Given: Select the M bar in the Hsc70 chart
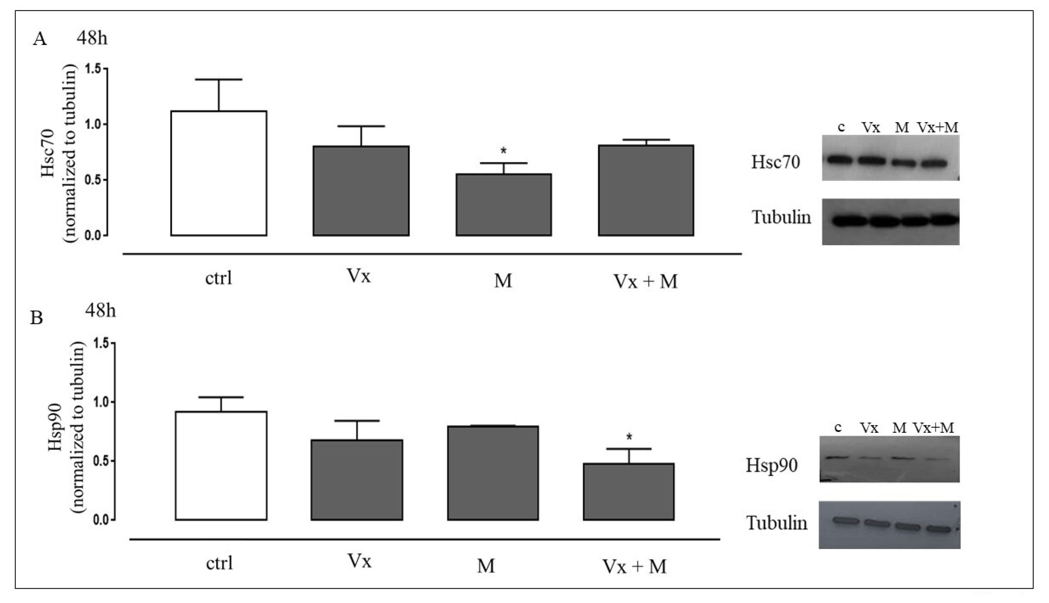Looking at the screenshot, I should (x=504, y=205).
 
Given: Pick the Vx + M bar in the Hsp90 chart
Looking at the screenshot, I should (x=629, y=492).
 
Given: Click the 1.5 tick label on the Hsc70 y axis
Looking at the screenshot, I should (x=94, y=69).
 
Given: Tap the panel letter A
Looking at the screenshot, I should (x=40, y=39).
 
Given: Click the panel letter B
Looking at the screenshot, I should (x=37, y=318).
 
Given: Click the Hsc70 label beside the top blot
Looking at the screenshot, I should (x=776, y=162).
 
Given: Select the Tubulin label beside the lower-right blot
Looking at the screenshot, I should (x=777, y=523).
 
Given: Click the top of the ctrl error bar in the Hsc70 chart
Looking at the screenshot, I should (x=219, y=79).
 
